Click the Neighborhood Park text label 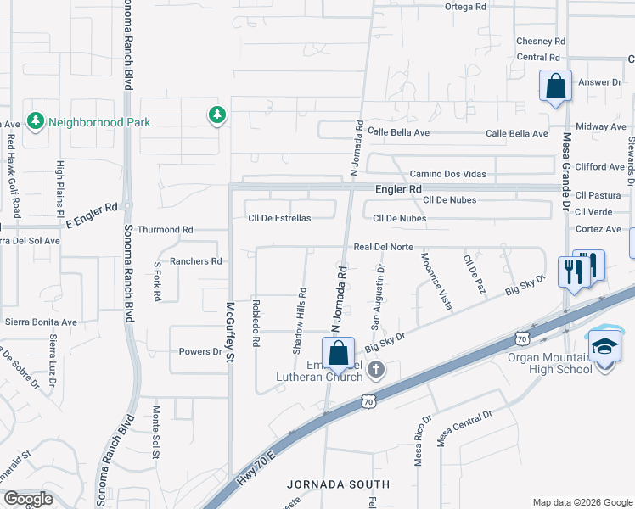[x=99, y=122]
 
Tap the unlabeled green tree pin [x=217, y=115]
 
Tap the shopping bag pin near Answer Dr [x=555, y=87]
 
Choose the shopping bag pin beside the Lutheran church [x=338, y=353]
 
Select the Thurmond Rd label [x=166, y=230]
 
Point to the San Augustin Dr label [x=378, y=297]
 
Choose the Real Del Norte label [x=383, y=247]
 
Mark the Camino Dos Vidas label [x=448, y=174]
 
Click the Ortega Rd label [x=466, y=6]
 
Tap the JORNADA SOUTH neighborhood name [x=338, y=484]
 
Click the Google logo [x=28, y=498]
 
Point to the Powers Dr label [x=200, y=351]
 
